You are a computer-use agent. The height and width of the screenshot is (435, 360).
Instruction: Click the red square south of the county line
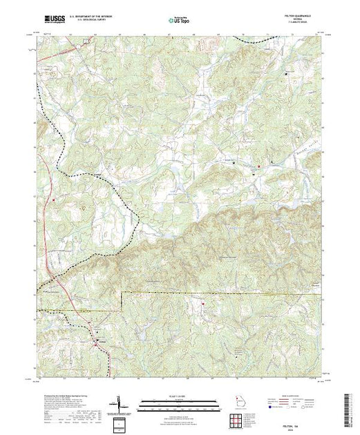coord(202,302)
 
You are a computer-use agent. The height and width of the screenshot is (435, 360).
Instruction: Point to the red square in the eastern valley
coord(259,166)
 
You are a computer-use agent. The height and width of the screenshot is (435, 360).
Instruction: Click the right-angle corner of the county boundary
coord(122,293)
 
